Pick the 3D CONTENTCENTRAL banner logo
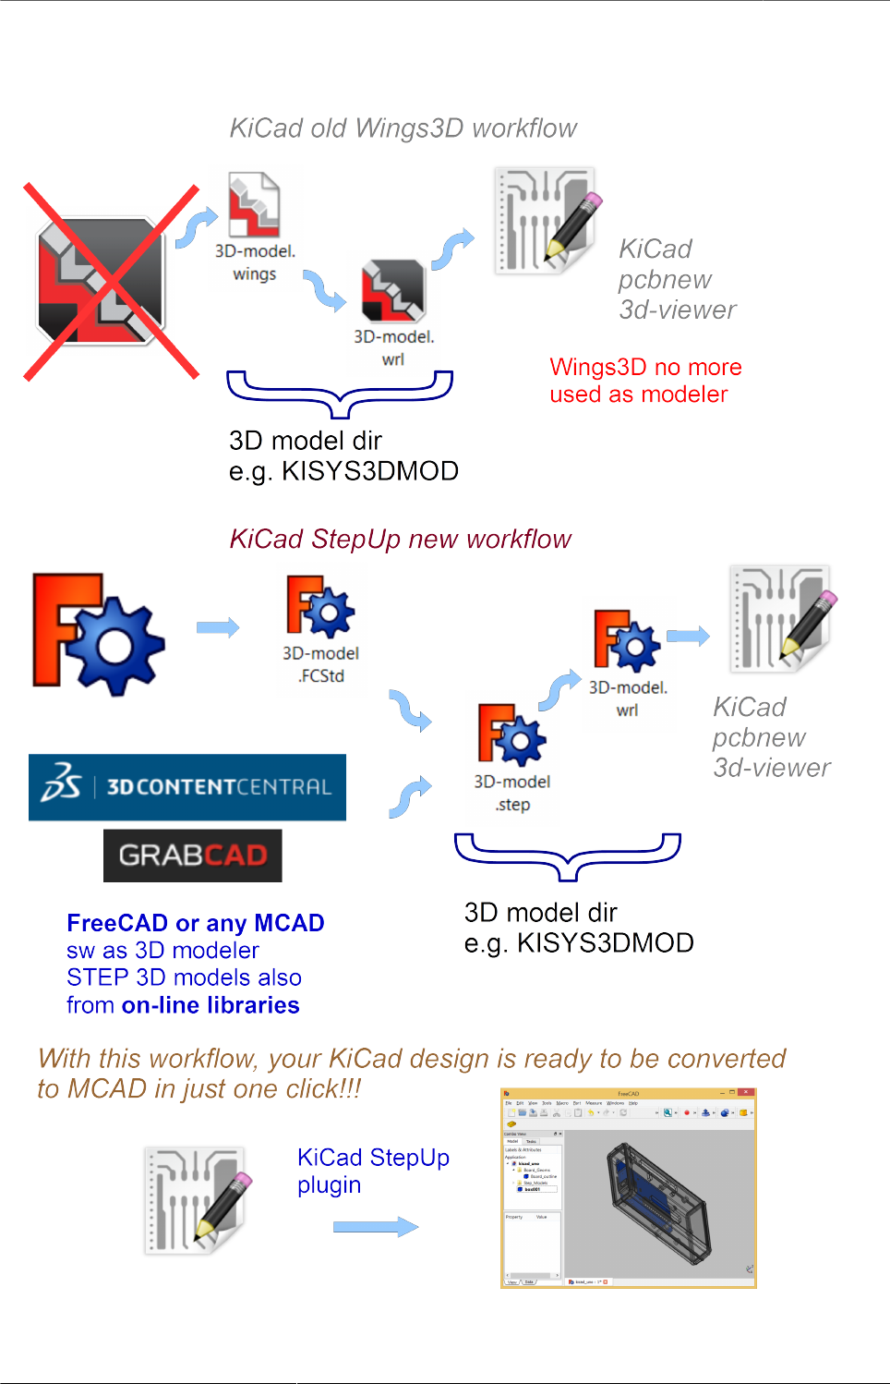coord(187,787)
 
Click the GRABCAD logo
coord(193,856)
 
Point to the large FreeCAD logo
coord(98,634)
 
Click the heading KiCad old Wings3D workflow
coord(403,128)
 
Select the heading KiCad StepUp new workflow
coord(400,539)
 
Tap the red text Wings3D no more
coord(645,367)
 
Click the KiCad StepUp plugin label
coord(373,1171)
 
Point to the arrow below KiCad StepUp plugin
coord(376,1227)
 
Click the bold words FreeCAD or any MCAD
coord(195,923)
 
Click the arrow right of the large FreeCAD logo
coord(218,628)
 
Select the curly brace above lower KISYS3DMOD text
coord(568,856)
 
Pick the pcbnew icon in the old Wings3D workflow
coord(546,220)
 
